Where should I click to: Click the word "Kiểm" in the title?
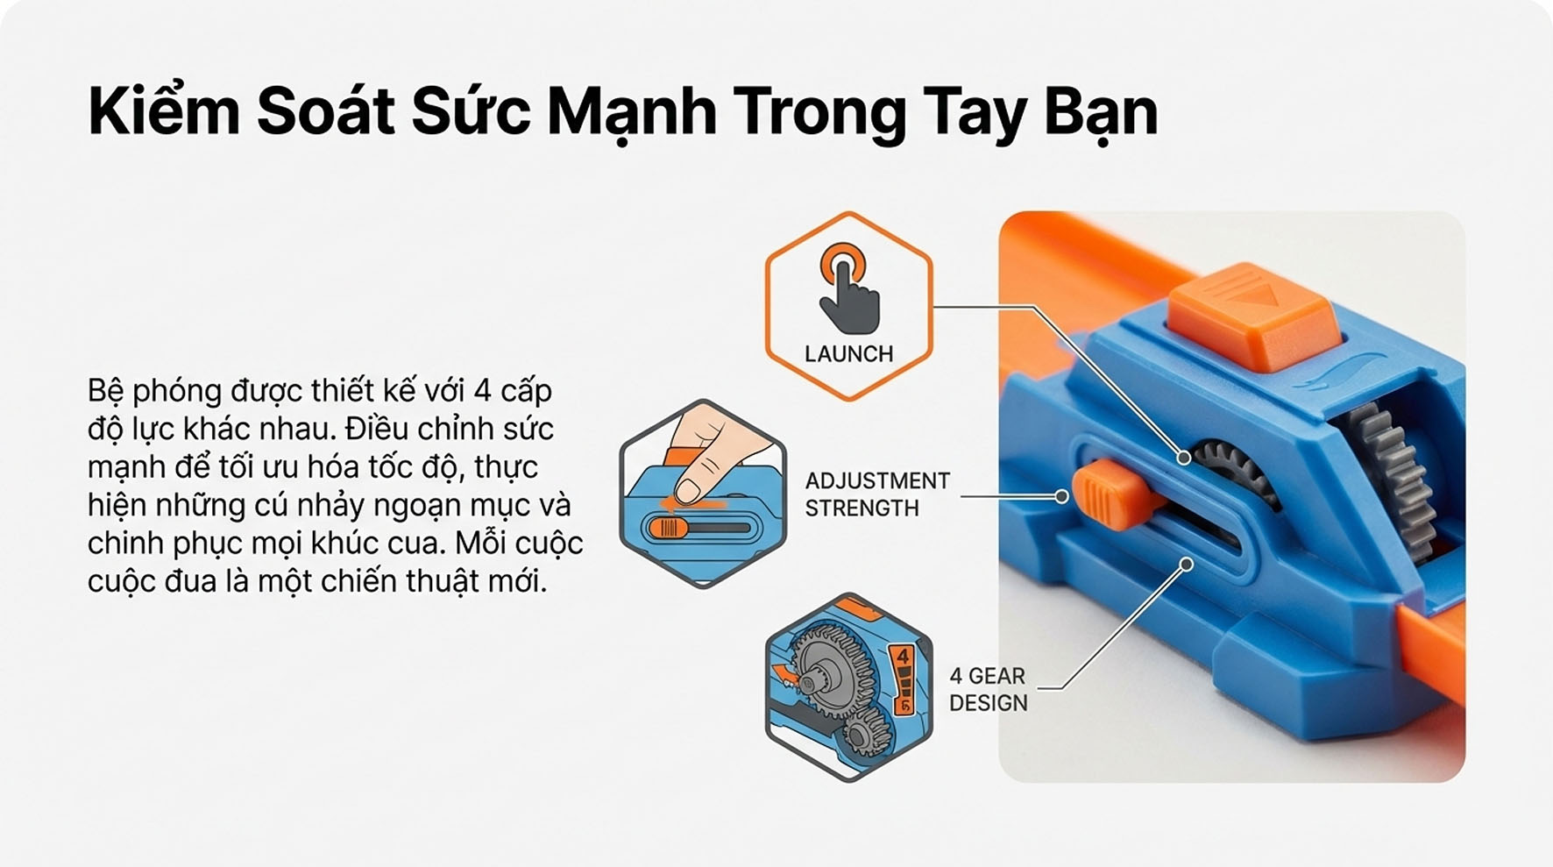(x=163, y=111)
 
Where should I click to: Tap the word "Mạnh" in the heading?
(x=631, y=113)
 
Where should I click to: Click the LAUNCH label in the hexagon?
(x=848, y=354)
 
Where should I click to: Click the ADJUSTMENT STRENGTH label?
(x=876, y=494)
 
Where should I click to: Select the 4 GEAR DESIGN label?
(x=988, y=689)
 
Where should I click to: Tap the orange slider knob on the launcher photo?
(x=1106, y=496)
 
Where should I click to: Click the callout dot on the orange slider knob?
(x=1062, y=496)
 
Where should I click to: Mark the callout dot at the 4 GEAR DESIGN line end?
(x=1186, y=565)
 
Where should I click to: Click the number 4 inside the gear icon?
(x=903, y=657)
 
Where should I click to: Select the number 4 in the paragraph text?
(x=481, y=390)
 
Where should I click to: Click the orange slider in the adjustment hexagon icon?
(x=668, y=528)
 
